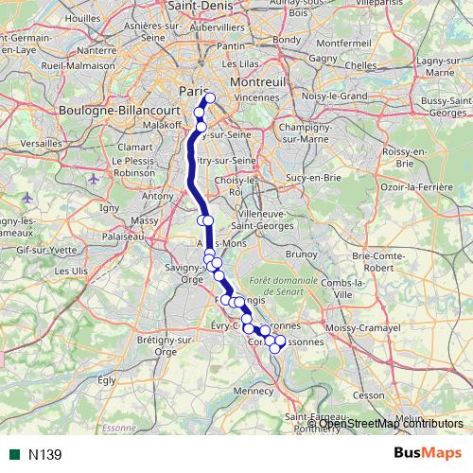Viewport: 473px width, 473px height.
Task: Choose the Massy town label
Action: pos(145,220)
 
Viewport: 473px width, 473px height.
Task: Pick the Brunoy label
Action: pos(303,254)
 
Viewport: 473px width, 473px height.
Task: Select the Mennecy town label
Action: pos(254,389)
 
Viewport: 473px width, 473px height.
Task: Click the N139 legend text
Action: pos(44,454)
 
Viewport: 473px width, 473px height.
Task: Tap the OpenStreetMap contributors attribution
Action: pos(391,423)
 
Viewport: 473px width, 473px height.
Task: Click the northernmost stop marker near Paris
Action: pos(210,98)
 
